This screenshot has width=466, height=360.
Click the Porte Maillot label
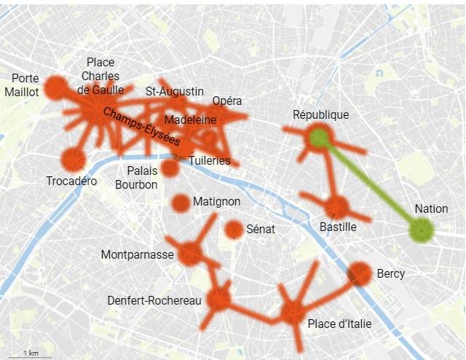click(21, 85)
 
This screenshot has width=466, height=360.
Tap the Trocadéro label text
click(71, 181)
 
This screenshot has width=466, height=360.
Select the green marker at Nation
click(422, 230)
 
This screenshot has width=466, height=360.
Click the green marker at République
click(319, 136)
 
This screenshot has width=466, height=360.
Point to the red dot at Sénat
click(234, 230)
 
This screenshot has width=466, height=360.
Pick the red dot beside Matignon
click(181, 203)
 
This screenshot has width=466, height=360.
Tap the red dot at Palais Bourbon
click(170, 168)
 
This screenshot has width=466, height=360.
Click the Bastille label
click(338, 227)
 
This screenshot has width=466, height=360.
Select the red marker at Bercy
click(359, 274)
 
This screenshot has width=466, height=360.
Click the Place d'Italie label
click(339, 324)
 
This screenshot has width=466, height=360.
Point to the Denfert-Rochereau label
click(154, 300)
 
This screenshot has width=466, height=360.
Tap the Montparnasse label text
click(138, 254)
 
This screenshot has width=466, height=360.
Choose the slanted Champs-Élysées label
click(141, 127)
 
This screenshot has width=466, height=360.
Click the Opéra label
click(227, 101)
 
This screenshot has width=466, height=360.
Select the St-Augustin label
click(175, 91)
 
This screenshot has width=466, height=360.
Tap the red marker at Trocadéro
click(73, 159)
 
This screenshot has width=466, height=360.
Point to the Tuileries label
click(209, 160)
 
